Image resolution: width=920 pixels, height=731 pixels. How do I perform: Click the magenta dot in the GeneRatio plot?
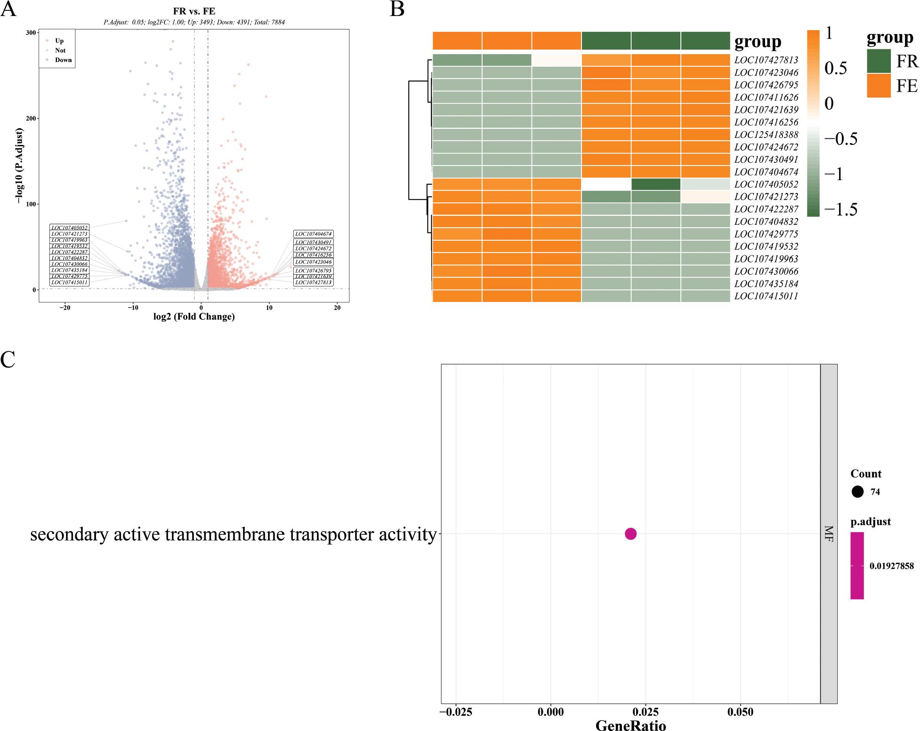tap(630, 533)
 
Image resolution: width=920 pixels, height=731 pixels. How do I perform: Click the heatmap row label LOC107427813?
tap(766, 60)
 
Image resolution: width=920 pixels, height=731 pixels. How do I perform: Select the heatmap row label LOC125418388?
tap(766, 135)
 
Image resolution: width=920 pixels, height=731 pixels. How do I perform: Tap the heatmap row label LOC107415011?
tap(766, 296)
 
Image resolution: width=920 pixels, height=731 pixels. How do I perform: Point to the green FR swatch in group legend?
tap(879, 61)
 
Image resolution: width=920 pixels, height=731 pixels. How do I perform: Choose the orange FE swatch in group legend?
tap(879, 86)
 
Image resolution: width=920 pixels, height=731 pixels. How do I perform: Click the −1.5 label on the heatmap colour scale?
tap(841, 209)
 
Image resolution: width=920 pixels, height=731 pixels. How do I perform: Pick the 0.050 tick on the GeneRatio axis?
tap(740, 712)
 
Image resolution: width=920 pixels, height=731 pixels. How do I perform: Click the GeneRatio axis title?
tap(630, 725)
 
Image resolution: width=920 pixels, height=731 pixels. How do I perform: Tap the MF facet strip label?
tap(829, 533)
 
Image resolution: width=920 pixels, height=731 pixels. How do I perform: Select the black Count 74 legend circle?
tap(857, 492)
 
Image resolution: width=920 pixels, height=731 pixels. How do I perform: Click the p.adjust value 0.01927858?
tap(891, 566)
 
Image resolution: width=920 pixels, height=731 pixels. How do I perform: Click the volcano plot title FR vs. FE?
tap(194, 11)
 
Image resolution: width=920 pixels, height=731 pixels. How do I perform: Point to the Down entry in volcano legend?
tap(63, 60)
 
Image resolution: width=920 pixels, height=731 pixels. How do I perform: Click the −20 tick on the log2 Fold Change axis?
tap(65, 308)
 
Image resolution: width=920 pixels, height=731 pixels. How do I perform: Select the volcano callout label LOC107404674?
tap(314, 234)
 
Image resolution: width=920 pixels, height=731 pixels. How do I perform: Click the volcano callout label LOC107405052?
tap(69, 228)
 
